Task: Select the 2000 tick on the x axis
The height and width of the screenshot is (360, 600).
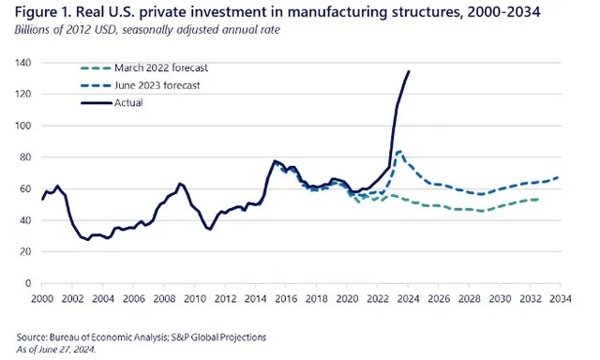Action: (42, 297)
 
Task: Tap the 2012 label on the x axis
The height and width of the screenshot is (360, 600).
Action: (226, 297)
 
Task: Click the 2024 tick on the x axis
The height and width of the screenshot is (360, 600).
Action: (409, 297)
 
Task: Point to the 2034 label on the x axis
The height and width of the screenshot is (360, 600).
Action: (562, 297)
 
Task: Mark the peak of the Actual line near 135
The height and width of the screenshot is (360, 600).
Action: (409, 71)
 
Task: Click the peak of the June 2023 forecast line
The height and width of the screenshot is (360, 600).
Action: (400, 151)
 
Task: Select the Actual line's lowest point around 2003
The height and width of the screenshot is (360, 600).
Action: (88, 240)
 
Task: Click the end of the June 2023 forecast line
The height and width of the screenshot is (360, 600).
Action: (561, 177)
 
